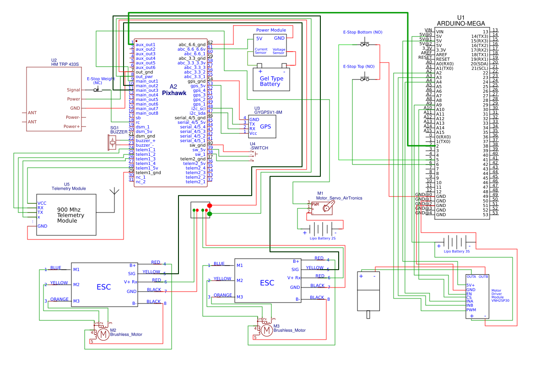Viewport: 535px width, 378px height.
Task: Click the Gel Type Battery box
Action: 271,81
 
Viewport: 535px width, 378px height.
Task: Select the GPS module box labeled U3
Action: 262,126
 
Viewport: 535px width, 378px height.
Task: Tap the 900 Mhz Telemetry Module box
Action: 67,215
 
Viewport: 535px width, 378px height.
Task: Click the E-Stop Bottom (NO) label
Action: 362,32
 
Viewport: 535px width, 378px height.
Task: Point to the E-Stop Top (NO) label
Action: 358,67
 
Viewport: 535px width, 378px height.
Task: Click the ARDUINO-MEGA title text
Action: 458,23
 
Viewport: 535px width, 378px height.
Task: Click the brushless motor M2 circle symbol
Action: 103,335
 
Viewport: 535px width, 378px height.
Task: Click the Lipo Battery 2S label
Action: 322,239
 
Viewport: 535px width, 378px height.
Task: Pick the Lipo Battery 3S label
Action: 457,251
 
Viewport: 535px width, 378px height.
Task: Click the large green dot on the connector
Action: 210,213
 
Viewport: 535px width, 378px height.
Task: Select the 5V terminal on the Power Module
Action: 259,38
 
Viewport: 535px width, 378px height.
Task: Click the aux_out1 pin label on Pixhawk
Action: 146,44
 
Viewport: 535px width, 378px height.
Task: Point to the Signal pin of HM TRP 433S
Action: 73,90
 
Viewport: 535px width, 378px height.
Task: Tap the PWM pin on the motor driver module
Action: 471,309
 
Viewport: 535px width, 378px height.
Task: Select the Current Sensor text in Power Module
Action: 261,51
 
